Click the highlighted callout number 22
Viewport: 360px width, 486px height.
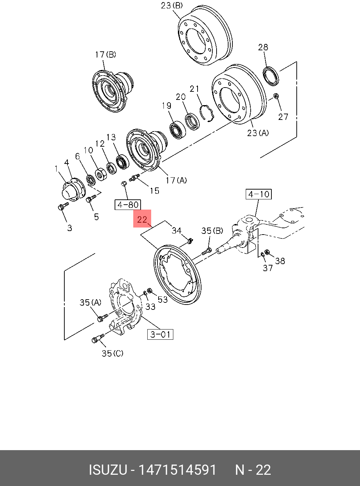click(142, 219)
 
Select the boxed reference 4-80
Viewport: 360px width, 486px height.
click(128, 204)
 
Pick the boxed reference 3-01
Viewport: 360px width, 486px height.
click(160, 334)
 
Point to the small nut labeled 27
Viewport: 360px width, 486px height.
click(276, 96)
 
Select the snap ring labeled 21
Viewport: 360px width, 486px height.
click(206, 113)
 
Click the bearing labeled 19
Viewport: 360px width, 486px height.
click(178, 129)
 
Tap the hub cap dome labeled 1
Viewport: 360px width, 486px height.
click(69, 193)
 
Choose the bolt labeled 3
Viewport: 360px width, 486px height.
click(63, 207)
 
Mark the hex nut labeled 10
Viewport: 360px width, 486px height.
click(100, 174)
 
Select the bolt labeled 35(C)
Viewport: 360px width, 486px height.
click(97, 339)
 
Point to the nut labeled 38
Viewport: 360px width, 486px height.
click(267, 252)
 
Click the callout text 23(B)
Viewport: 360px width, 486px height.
click(172, 6)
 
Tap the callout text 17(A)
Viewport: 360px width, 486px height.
click(176, 180)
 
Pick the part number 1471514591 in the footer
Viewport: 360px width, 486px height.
click(178, 470)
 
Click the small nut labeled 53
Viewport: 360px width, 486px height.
click(149, 290)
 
